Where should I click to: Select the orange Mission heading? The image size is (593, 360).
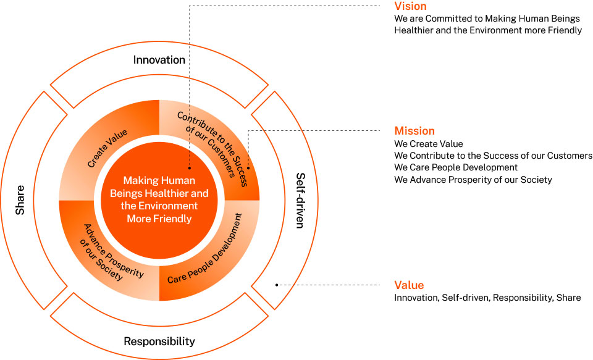click(414, 131)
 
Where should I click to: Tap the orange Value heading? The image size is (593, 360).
click(409, 285)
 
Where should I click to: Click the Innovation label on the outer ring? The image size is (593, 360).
click(159, 60)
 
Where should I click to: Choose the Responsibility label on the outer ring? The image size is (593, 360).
click(159, 341)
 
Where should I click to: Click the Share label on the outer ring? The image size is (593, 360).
click(20, 200)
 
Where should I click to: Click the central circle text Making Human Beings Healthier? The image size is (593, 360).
click(159, 199)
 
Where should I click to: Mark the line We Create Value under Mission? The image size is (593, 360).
click(428, 144)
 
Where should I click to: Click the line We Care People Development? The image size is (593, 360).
click(456, 167)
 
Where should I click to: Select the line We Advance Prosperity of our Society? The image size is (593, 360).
click(473, 180)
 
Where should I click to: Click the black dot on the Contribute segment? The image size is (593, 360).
click(248, 167)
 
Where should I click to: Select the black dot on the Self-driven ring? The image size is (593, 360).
click(276, 285)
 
